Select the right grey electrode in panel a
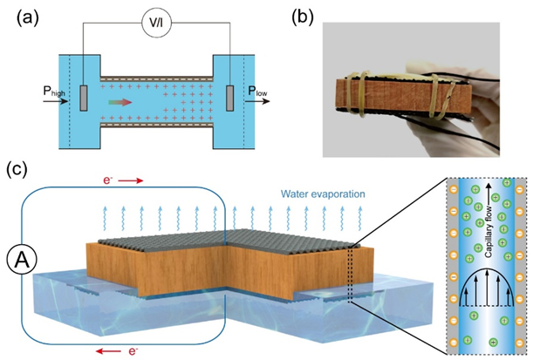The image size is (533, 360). tap(230, 98)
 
